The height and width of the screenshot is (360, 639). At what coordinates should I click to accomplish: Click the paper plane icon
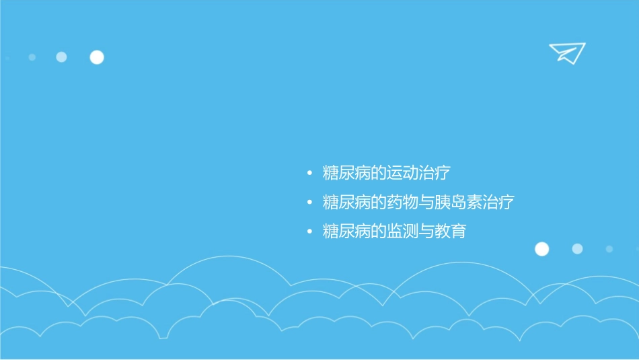(x=566, y=52)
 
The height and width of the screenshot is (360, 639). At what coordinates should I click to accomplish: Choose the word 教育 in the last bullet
(x=451, y=231)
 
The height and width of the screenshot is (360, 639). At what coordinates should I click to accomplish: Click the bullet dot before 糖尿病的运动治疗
(x=309, y=174)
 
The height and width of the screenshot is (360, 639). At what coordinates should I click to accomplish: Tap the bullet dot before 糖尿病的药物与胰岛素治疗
(x=309, y=203)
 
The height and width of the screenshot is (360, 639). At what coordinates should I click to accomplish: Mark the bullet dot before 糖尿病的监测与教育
(x=309, y=232)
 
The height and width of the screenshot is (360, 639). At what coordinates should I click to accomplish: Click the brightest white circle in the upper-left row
(x=97, y=57)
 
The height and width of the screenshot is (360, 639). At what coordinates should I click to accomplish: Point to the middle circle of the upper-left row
(x=61, y=57)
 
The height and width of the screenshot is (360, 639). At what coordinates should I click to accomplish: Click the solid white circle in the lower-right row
(x=541, y=249)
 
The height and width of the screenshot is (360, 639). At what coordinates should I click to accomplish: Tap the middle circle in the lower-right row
(x=577, y=249)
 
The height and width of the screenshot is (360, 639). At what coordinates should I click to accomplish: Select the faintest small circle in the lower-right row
(x=609, y=249)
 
